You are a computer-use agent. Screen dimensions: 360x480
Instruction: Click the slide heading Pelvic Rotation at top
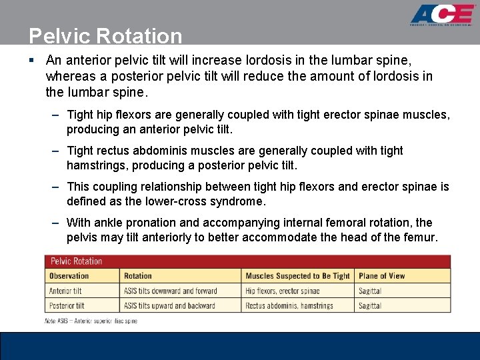(x=105, y=35)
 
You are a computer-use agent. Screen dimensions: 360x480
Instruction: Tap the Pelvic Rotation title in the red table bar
(x=76, y=261)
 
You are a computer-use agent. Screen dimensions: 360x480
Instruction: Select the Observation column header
(x=69, y=276)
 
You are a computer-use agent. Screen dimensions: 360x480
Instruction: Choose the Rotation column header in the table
(x=138, y=276)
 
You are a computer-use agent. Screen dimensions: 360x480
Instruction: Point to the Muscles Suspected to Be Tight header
(x=297, y=276)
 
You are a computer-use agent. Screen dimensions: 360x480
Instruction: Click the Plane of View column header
(x=382, y=276)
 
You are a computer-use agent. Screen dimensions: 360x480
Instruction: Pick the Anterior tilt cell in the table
(x=65, y=291)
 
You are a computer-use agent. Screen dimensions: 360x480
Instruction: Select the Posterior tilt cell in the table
(x=67, y=306)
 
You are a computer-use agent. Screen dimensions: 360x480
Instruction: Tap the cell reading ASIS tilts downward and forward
(x=171, y=291)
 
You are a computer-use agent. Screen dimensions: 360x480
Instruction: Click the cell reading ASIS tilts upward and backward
(x=169, y=306)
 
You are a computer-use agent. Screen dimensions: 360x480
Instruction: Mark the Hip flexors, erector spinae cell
(x=283, y=291)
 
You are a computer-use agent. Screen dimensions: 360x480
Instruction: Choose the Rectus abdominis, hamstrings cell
(x=289, y=306)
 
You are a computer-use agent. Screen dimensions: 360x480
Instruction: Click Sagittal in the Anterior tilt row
(x=370, y=291)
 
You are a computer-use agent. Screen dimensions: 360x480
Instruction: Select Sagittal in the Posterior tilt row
(x=370, y=306)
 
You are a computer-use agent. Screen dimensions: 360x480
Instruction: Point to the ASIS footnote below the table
(x=91, y=321)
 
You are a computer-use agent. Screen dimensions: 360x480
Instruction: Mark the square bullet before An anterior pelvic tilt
(x=32, y=60)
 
